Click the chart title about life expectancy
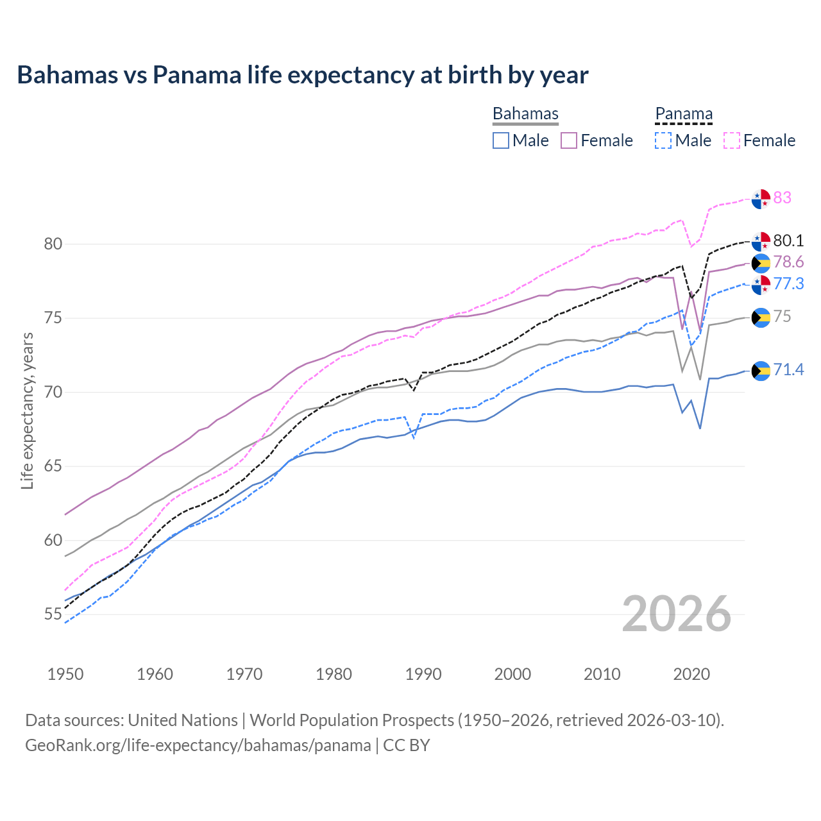302,75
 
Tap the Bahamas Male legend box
501,140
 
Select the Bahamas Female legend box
569,140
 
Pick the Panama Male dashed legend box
663,140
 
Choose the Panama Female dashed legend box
731,140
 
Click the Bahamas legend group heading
525,114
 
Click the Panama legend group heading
684,114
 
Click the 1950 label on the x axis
65,674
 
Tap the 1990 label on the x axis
423,674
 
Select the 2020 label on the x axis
691,674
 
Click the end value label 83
782,198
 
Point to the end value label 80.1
788,241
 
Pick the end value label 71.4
788,369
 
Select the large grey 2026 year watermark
676,614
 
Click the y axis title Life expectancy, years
27,410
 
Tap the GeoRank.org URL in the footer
198,745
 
